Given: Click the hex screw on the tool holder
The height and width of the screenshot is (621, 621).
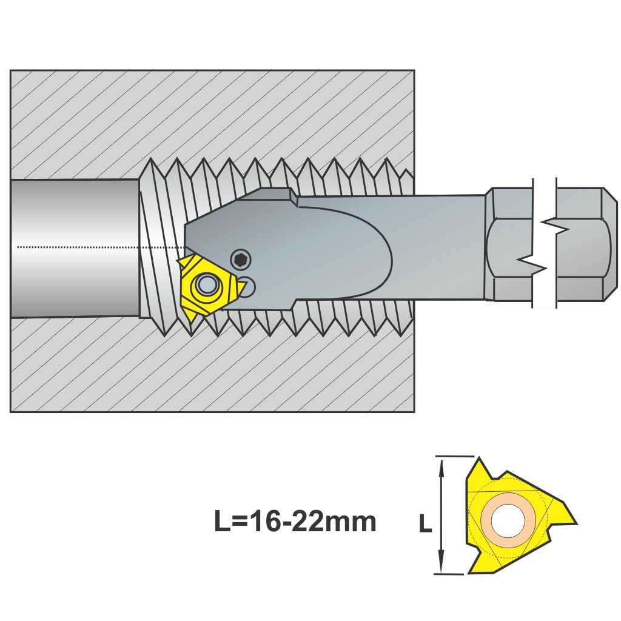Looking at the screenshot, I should pos(241,260).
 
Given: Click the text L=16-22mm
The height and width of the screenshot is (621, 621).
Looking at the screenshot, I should pos(295,520).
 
